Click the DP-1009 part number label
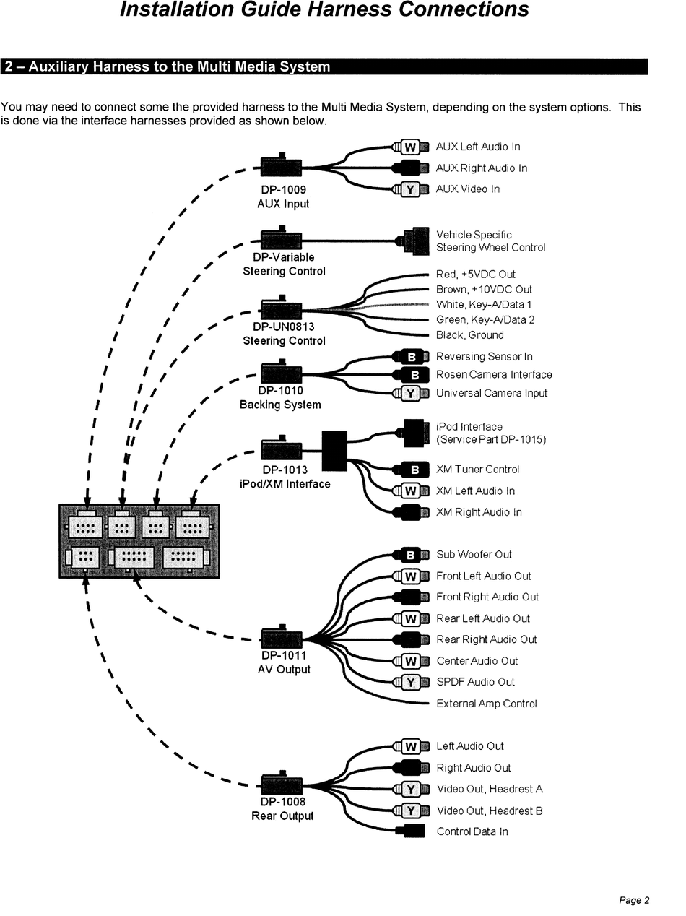click(x=283, y=190)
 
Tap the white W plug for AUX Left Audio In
click(x=410, y=147)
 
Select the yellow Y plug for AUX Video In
click(x=410, y=190)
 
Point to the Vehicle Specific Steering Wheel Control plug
click(x=413, y=241)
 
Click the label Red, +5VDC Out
click(x=475, y=275)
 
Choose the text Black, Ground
click(x=469, y=335)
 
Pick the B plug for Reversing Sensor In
click(x=411, y=357)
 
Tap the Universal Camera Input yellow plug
click(x=410, y=394)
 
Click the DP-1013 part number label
click(x=285, y=470)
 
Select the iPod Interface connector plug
click(x=414, y=433)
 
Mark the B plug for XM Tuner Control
click(x=411, y=470)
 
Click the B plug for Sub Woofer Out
click(x=411, y=555)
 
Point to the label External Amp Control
click(x=486, y=704)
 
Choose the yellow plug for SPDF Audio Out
click(x=411, y=683)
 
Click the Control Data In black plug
click(x=410, y=831)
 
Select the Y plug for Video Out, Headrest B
click(x=411, y=811)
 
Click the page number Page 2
click(x=634, y=900)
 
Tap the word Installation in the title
click(x=177, y=9)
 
